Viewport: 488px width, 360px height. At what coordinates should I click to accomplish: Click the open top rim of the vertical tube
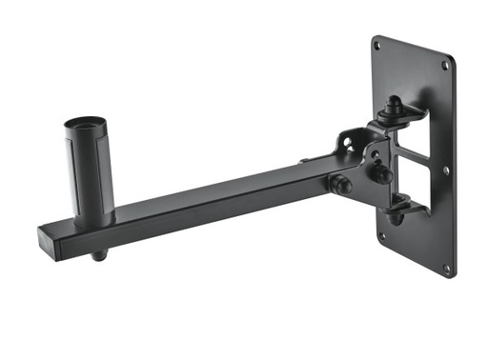pyautogui.click(x=88, y=124)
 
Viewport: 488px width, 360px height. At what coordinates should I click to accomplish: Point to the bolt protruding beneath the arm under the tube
pyautogui.click(x=100, y=255)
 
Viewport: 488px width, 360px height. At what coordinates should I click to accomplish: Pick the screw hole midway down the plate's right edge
pyautogui.click(x=445, y=170)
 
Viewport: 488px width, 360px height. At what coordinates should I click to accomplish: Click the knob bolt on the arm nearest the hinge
pyautogui.click(x=338, y=182)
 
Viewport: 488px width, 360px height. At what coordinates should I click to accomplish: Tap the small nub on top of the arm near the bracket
pyautogui.click(x=303, y=162)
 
